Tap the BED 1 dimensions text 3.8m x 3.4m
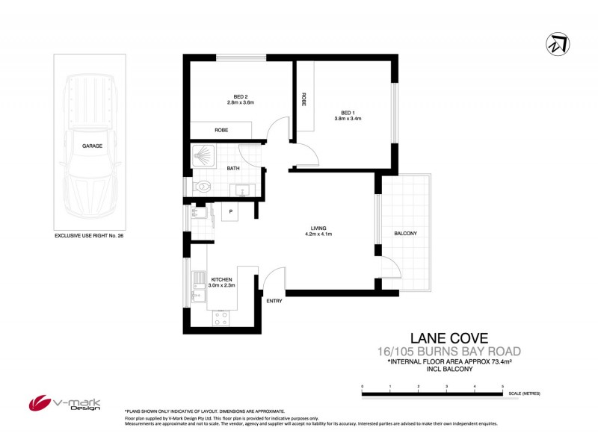tap(347, 118)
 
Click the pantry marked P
tap(231, 212)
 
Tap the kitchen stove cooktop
tap(221, 317)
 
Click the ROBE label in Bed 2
tap(221, 131)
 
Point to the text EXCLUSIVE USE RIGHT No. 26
tap(89, 235)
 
